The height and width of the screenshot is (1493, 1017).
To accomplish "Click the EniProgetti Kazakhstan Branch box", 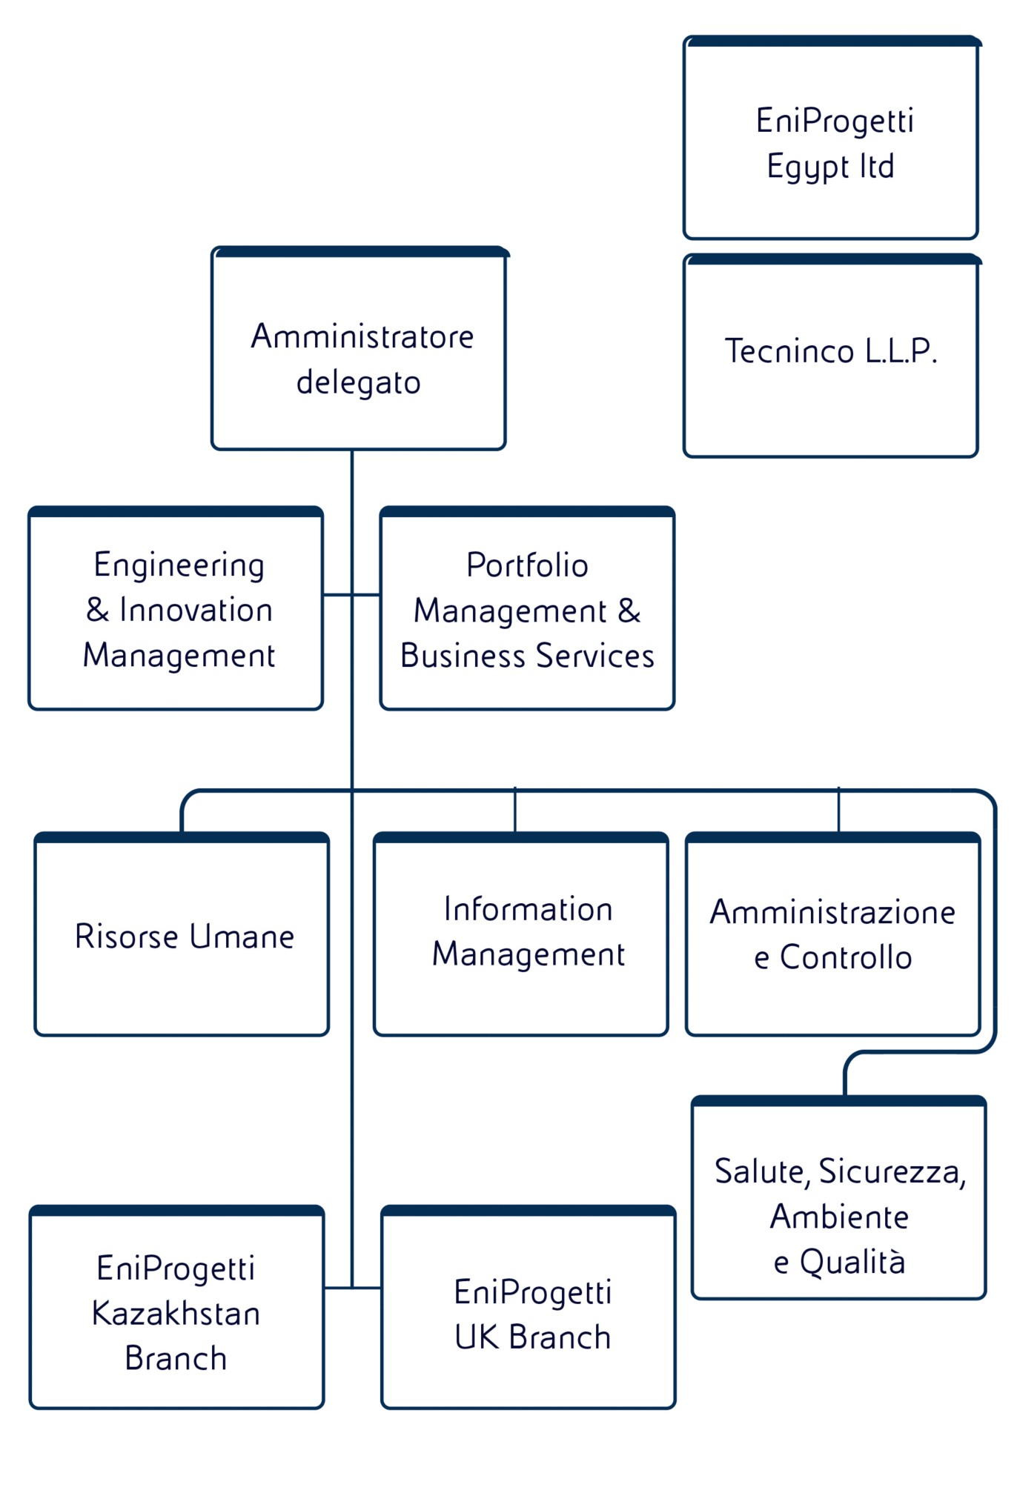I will tap(177, 1309).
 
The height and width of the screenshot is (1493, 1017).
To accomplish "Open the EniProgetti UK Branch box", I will tap(529, 1309).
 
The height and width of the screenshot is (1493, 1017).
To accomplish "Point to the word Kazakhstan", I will tap(176, 1314).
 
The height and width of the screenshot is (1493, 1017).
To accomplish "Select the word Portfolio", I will tap(527, 565).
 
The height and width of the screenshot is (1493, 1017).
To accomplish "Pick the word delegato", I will tap(359, 382).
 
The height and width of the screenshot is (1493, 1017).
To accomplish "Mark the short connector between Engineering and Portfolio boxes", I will tap(352, 594).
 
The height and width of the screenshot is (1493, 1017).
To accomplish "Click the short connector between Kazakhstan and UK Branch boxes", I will tap(353, 1288).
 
